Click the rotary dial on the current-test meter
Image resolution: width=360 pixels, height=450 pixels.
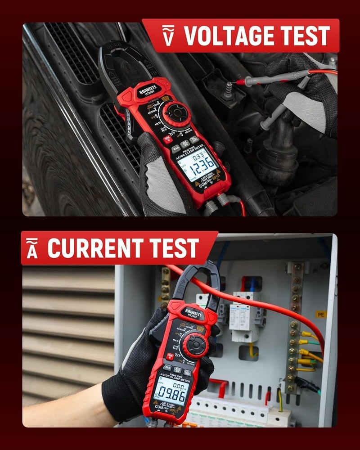point(195,346)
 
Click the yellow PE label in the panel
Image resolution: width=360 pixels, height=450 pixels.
point(320,314)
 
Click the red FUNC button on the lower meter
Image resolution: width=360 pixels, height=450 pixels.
point(170,356)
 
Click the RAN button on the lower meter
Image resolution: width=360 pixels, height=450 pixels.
point(167,368)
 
